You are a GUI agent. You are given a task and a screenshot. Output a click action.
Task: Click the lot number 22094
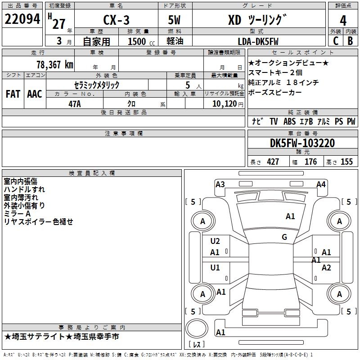point(22,19)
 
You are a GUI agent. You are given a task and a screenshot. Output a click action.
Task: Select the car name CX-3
point(116,20)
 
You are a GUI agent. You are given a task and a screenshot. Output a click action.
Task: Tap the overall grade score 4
point(343,21)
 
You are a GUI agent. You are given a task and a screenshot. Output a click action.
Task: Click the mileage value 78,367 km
point(55,65)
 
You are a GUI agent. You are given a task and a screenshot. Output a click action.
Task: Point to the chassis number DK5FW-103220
point(302,143)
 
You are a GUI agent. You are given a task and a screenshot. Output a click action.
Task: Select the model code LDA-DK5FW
point(258,41)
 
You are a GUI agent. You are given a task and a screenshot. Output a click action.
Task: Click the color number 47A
point(75,104)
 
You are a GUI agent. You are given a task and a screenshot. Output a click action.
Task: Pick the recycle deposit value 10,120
point(225,104)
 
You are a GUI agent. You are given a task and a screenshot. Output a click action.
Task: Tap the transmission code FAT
point(13,94)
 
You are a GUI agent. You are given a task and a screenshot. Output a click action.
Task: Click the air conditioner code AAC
point(35,94)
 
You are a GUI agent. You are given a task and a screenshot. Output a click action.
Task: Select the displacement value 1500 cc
point(141,41)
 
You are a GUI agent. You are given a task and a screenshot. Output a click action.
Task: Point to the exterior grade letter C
point(336,41)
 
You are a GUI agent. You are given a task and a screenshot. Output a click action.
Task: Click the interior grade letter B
point(350,41)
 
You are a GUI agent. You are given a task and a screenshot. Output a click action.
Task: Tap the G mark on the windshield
point(284,237)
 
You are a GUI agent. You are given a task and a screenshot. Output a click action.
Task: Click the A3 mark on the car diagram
point(220,184)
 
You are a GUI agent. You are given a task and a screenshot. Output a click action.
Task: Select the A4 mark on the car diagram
point(321,184)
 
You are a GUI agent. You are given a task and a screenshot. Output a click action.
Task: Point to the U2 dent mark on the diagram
point(215,241)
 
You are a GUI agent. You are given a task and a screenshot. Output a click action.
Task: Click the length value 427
point(273,162)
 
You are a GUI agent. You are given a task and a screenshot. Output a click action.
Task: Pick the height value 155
point(346,162)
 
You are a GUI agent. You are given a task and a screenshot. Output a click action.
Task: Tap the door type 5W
point(174,20)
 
